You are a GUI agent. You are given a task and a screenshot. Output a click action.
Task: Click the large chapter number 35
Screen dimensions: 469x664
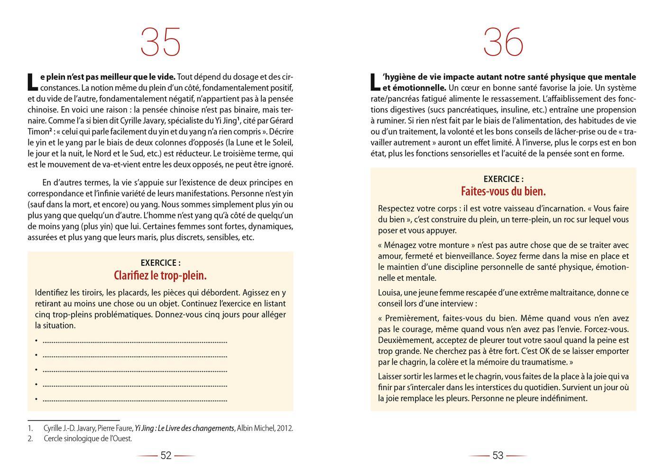(161, 42)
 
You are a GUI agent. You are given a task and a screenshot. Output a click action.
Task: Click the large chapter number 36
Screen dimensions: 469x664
(503, 42)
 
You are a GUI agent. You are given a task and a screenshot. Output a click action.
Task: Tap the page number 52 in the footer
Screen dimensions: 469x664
(166, 456)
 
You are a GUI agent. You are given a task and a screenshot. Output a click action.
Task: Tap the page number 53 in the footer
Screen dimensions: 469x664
(498, 456)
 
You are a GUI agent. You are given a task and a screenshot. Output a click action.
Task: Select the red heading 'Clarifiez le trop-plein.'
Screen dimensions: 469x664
(160, 276)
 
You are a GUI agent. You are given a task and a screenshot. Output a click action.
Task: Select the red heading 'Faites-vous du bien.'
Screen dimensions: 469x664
(503, 192)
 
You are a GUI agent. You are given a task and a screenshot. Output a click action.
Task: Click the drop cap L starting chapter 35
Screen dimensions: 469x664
(32, 82)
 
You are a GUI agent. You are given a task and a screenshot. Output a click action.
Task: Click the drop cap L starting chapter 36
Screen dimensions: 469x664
(375, 82)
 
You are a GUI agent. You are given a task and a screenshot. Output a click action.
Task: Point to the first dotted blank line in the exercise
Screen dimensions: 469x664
(135, 341)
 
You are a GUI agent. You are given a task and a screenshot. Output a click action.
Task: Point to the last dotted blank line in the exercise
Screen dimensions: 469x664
(135, 400)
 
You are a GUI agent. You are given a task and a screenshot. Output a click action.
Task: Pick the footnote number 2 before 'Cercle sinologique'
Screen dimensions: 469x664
(30, 439)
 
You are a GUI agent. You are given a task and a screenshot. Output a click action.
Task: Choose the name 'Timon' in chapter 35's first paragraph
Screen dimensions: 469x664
(38, 131)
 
